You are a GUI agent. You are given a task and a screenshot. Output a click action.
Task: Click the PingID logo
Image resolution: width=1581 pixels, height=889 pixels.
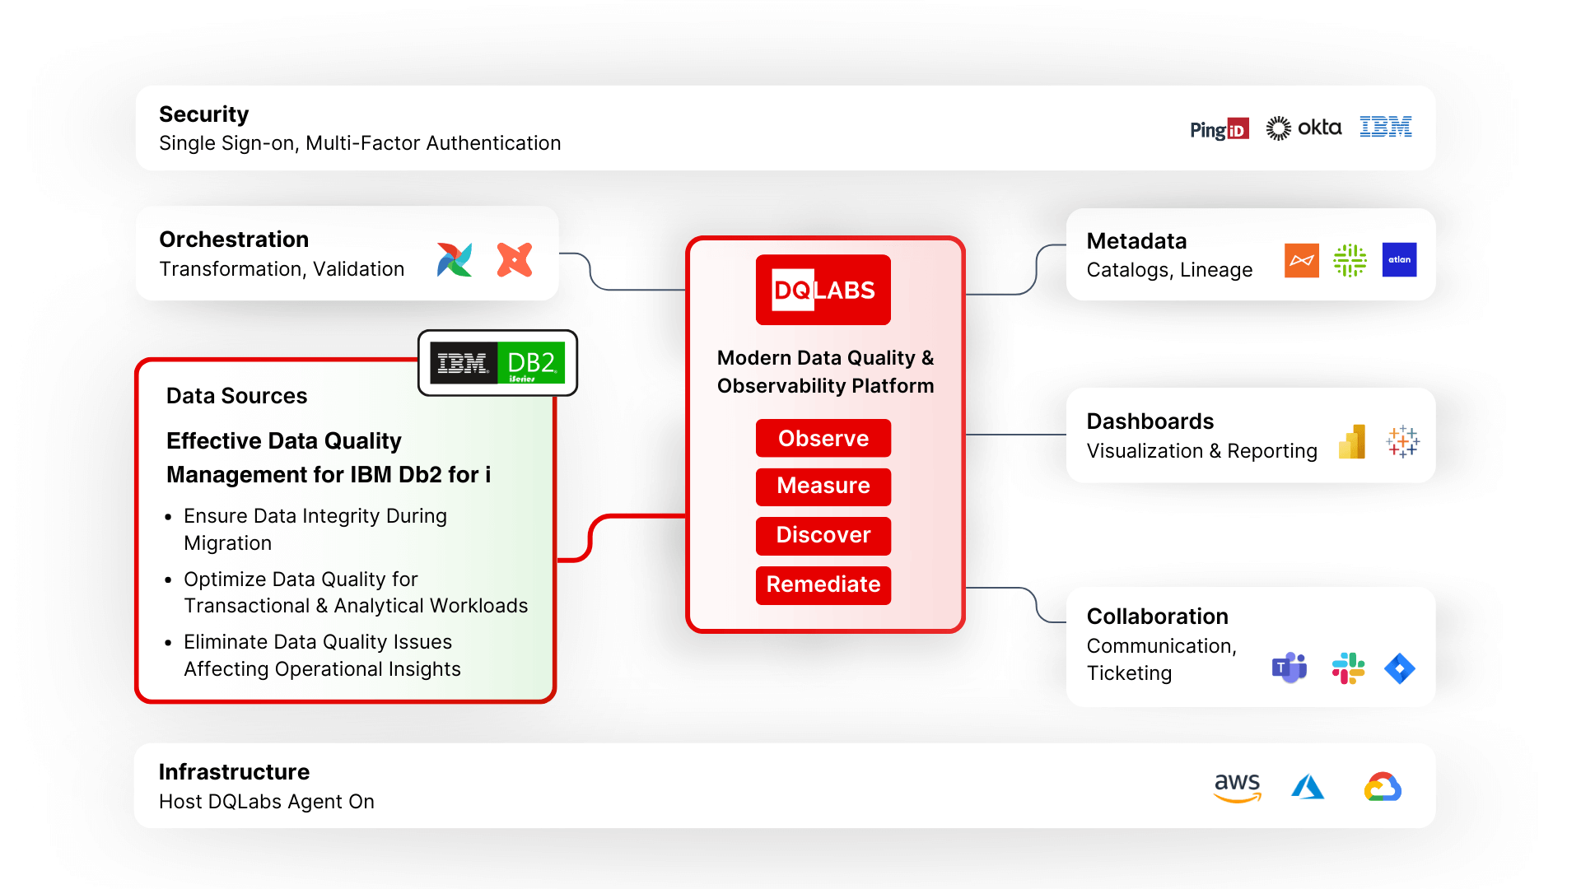pyautogui.click(x=1220, y=129)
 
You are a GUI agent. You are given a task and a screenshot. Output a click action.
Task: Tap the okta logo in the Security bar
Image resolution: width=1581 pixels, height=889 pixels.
pyautogui.click(x=1304, y=128)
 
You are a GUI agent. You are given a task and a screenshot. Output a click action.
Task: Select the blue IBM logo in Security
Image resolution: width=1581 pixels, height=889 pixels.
pyautogui.click(x=1386, y=127)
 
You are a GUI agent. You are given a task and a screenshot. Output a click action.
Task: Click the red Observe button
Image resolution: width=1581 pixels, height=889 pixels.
pyautogui.click(x=823, y=438)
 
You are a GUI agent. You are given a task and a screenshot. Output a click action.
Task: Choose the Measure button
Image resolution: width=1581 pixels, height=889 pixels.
pyautogui.click(x=823, y=486)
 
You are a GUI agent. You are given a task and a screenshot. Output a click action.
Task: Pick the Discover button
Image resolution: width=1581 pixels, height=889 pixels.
pyautogui.click(x=823, y=535)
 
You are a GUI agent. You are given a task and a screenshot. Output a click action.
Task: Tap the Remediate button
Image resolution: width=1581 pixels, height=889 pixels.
pyautogui.click(x=823, y=584)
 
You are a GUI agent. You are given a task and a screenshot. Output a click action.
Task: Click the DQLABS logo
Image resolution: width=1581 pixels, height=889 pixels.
pyautogui.click(x=823, y=290)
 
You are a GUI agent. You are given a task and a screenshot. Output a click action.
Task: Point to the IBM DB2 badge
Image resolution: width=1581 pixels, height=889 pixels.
pyautogui.click(x=497, y=363)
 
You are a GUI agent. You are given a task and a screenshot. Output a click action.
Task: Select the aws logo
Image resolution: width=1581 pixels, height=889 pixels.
pyautogui.click(x=1238, y=787)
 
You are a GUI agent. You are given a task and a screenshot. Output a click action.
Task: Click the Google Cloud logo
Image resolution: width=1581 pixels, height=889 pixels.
pyautogui.click(x=1383, y=787)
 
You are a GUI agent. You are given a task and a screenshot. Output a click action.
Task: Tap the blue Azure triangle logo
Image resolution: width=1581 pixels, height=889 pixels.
pyautogui.click(x=1308, y=787)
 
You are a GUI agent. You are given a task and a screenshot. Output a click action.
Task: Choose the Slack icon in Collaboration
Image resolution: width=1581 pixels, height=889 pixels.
pyautogui.click(x=1348, y=668)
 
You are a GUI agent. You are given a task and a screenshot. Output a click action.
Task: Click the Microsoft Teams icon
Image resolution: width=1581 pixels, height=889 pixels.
pyautogui.click(x=1290, y=668)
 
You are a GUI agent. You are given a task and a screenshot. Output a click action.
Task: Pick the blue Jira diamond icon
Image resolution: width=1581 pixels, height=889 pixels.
pyautogui.click(x=1400, y=668)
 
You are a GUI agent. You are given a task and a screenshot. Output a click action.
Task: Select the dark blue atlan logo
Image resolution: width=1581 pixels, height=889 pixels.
pyautogui.click(x=1399, y=260)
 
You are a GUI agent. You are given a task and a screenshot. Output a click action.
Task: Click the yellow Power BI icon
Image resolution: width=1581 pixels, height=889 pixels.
pyautogui.click(x=1352, y=442)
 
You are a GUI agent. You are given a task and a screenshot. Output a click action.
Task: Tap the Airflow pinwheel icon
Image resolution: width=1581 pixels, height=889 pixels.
pyautogui.click(x=455, y=260)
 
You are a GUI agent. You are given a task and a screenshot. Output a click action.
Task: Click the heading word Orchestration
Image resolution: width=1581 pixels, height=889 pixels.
pyautogui.click(x=234, y=240)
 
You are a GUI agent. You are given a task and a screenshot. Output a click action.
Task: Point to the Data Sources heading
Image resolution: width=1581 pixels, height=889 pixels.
pyautogui.click(x=236, y=396)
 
